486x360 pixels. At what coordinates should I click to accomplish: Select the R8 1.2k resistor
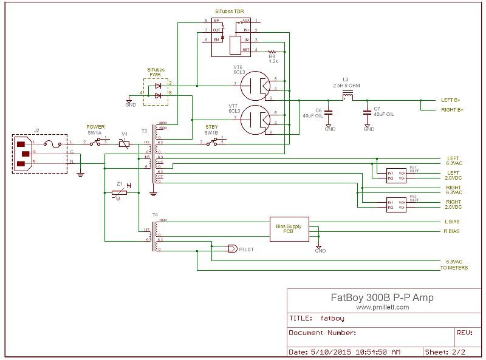coord(272,52)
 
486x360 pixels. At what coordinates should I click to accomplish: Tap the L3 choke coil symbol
coord(349,97)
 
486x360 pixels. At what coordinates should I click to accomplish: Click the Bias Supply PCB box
coord(289,228)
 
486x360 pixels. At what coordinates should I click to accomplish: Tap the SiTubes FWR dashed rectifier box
coord(156,92)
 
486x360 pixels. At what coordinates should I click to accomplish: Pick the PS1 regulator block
coord(397,174)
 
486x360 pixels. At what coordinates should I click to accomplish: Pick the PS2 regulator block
coord(397,205)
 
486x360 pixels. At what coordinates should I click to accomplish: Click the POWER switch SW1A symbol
coord(97,142)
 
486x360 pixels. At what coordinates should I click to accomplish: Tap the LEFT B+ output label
coord(451,100)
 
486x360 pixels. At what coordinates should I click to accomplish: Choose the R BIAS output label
coord(452,231)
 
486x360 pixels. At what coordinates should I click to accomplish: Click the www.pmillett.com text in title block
coord(382,307)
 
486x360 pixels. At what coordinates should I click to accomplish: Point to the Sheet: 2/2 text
coord(445,352)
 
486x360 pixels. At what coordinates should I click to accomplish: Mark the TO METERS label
coord(453,268)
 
